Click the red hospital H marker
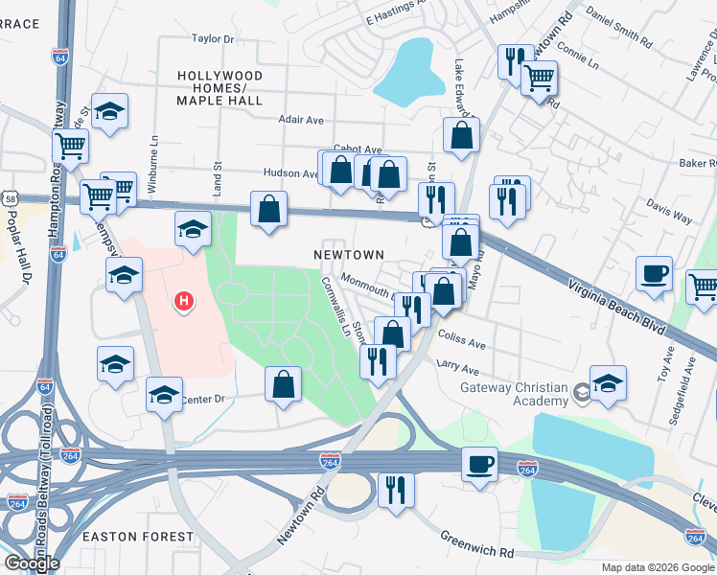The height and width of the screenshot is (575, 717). click(183, 303)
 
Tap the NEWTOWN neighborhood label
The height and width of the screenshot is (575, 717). click(349, 255)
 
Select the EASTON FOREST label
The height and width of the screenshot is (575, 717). click(138, 537)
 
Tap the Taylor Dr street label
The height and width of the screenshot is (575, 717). click(213, 39)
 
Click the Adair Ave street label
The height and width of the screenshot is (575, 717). click(301, 120)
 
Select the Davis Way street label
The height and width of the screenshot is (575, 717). click(669, 212)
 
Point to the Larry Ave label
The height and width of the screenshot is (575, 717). click(457, 369)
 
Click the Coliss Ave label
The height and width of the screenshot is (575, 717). click(462, 340)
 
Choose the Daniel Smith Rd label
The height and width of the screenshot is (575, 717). click(619, 30)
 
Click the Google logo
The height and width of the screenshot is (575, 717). click(31, 563)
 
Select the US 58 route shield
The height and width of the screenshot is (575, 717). click(10, 197)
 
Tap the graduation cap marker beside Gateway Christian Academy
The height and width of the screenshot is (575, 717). click(608, 382)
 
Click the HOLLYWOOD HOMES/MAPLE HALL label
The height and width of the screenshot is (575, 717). click(220, 87)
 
